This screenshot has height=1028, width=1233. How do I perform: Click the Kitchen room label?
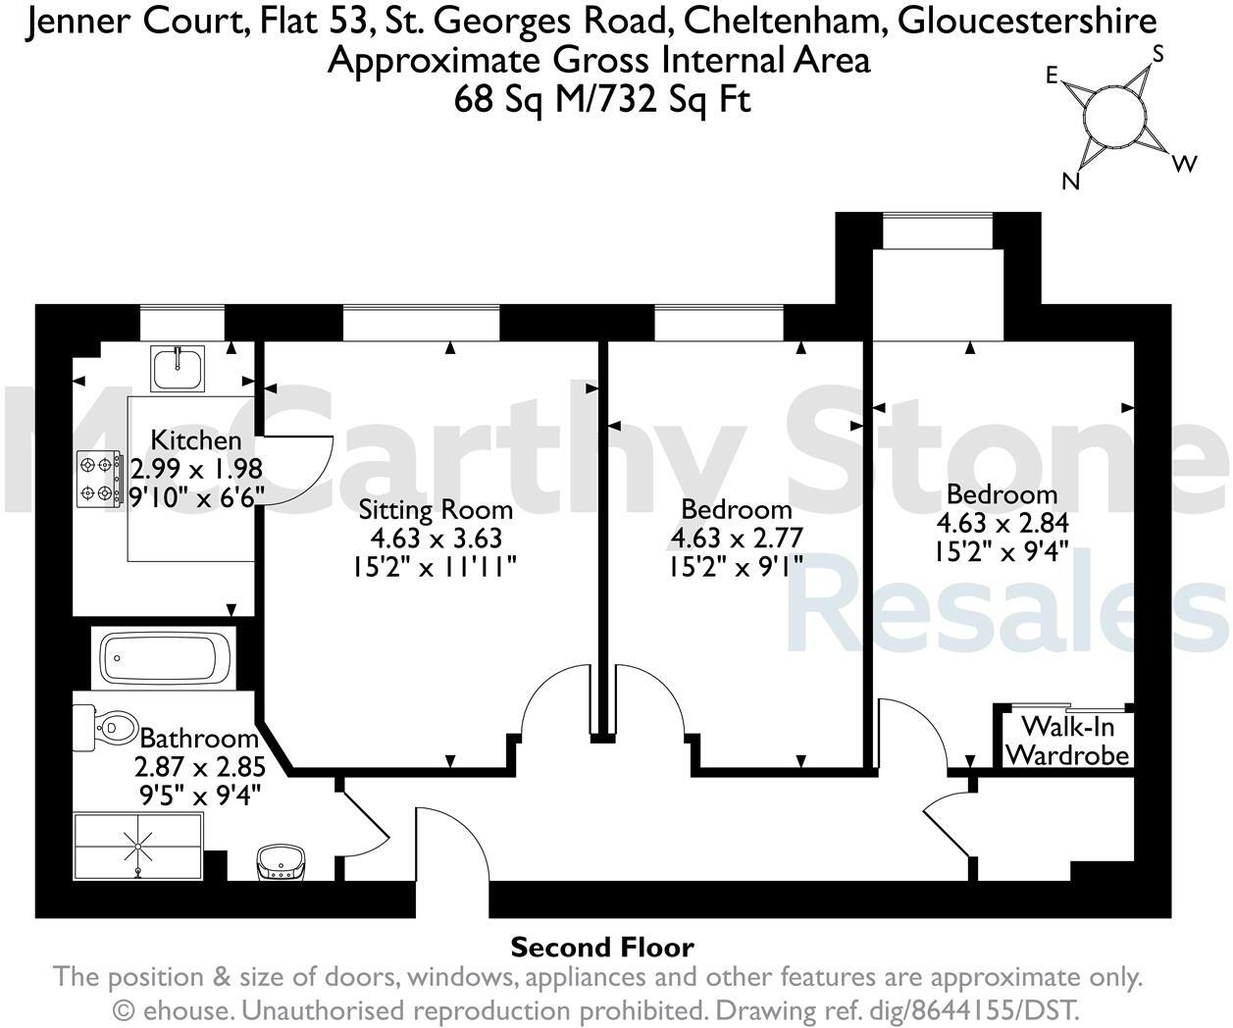point(196,440)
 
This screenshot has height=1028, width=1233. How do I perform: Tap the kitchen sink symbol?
point(178,369)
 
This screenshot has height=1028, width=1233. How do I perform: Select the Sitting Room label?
point(436,510)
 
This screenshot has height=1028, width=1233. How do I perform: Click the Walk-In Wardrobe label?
point(1067,742)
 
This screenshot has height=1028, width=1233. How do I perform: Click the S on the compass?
point(1157,55)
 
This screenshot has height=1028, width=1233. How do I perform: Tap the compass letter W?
point(1185,164)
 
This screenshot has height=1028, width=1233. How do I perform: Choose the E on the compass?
point(1052,77)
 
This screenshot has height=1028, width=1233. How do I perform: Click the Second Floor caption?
point(602,948)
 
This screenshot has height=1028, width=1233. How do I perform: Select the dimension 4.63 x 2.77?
point(736,538)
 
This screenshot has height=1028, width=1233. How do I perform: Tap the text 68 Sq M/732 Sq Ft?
point(602,99)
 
